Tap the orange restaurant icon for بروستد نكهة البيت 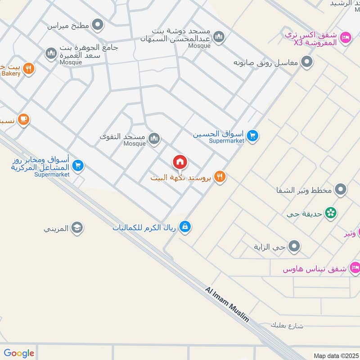click(220, 177)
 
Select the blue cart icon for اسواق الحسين click(253, 135)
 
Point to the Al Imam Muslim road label click(227, 305)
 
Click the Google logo click(19, 353)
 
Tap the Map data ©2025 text click(336, 355)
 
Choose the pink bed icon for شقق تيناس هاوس click(355, 267)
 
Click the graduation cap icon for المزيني click(77, 228)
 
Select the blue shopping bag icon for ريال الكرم click(184, 227)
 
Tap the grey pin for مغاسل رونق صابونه click(307, 62)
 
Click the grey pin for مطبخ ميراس click(97, 25)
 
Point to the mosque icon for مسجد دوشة click(219, 37)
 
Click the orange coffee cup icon click(24, 119)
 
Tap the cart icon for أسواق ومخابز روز click(78, 166)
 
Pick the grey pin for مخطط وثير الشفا click(341, 190)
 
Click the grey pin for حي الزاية click(294, 246)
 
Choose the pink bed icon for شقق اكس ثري click(346, 37)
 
